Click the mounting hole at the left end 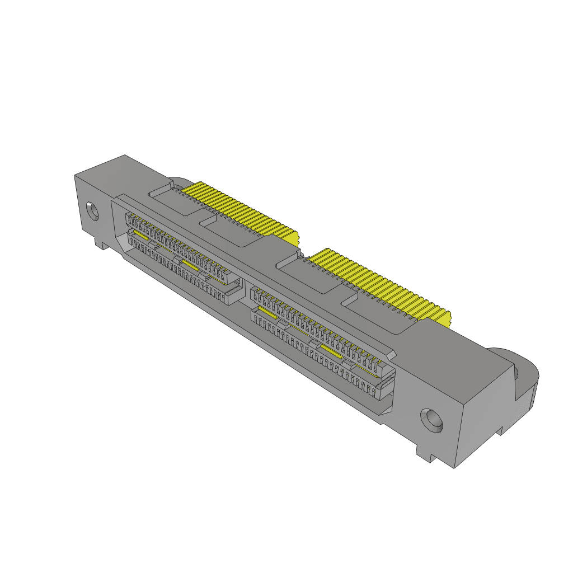coord(93,212)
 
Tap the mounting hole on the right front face coord(432,420)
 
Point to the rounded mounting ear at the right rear coord(523,372)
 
